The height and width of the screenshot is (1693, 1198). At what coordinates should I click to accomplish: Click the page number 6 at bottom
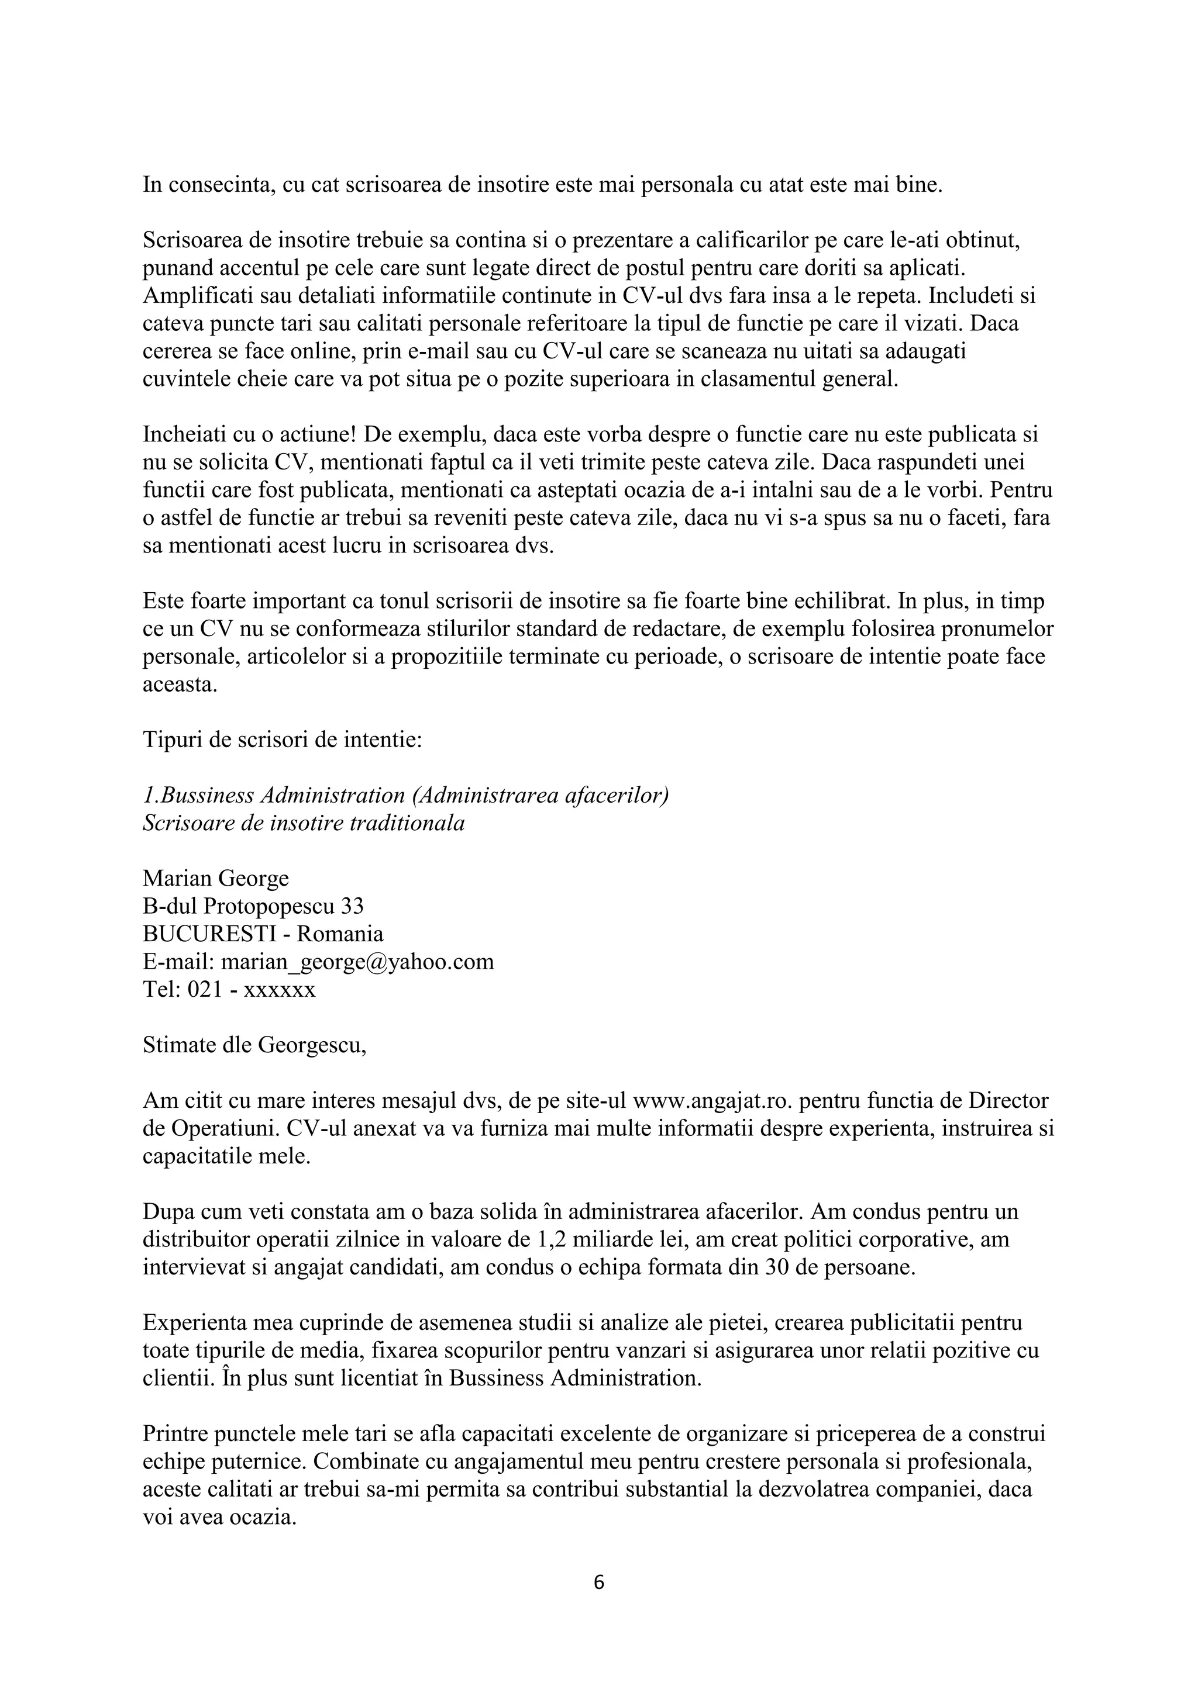click(x=598, y=1582)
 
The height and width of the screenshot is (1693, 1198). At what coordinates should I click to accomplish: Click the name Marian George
click(x=215, y=878)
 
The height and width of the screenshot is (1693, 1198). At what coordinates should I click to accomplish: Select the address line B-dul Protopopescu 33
click(x=253, y=906)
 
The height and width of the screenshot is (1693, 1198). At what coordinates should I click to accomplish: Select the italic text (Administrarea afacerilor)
click(x=541, y=796)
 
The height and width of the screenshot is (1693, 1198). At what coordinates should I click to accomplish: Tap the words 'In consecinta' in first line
click(x=209, y=184)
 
